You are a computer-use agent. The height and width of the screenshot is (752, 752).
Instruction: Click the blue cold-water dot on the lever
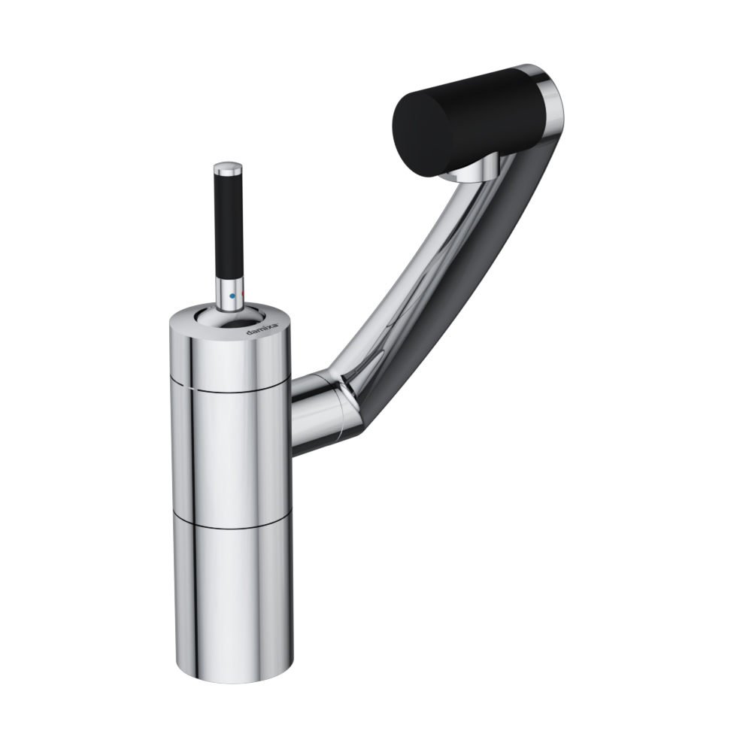(x=232, y=296)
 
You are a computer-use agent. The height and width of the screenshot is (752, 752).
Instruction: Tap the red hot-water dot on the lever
(x=243, y=294)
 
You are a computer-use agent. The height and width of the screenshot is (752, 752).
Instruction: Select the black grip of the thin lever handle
(x=229, y=225)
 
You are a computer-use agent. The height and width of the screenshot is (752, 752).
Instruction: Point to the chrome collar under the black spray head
(x=472, y=171)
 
